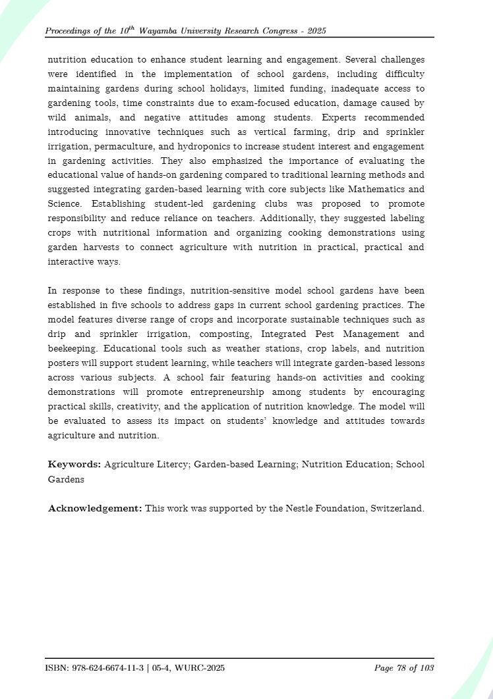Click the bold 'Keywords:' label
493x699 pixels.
[74, 465]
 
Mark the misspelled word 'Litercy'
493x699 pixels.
[173, 465]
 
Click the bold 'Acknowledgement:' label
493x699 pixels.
[95, 509]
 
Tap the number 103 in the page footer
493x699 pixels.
[426, 669]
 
